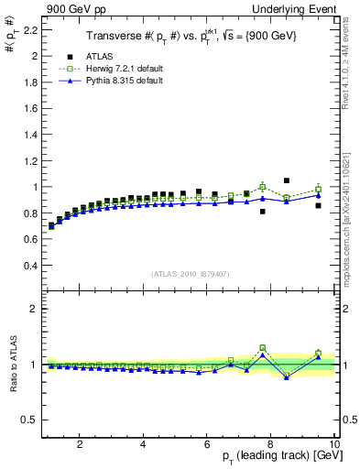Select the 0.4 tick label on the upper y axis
(31, 266)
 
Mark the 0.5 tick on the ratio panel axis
(31, 420)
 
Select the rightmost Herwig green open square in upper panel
(319, 189)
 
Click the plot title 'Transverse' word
(113, 36)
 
